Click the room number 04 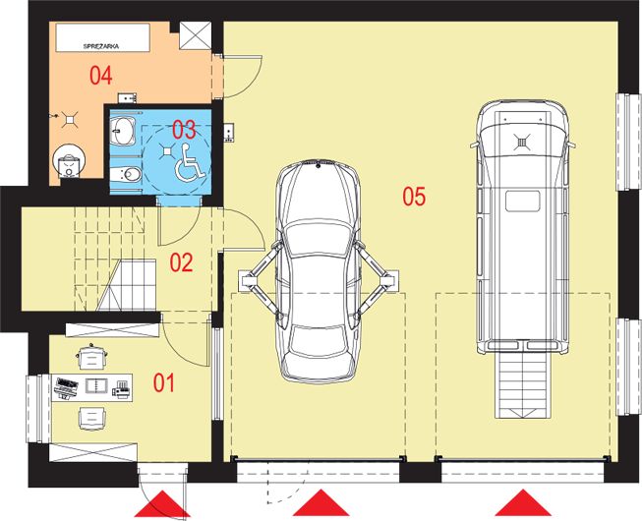point(101,76)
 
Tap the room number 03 point(184,130)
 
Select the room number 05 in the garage point(414,196)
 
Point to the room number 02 point(181,262)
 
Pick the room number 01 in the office point(164,383)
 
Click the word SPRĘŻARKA point(101,46)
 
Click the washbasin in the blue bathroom point(123,131)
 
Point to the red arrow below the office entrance point(162,503)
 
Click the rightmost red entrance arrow point(523,502)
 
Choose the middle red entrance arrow point(321,502)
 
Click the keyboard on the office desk point(67,386)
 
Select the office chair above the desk point(91,357)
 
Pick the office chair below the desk point(91,418)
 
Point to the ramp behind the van point(522,384)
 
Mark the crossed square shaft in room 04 point(196,35)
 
